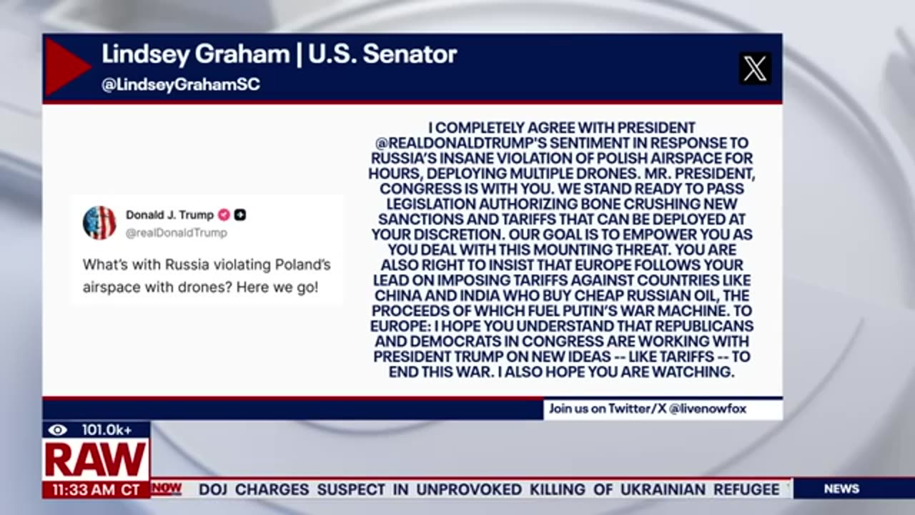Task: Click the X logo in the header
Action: [x=755, y=69]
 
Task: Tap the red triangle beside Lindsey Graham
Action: [x=65, y=67]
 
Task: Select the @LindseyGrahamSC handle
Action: [x=181, y=84]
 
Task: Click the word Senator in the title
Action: [x=410, y=54]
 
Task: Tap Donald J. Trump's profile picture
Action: [x=99, y=222]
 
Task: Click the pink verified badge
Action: [x=224, y=215]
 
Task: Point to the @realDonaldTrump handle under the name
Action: [x=176, y=233]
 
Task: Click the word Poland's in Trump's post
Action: [x=302, y=265]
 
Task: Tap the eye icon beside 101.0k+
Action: [x=58, y=430]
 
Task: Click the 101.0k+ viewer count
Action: [x=107, y=430]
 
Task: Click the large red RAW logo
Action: [x=95, y=460]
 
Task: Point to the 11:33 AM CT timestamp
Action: [x=96, y=490]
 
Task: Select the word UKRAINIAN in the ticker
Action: [x=663, y=489]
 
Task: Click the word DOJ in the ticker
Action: [x=212, y=489]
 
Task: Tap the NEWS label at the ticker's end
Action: [x=841, y=489]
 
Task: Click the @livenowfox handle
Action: [x=708, y=408]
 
